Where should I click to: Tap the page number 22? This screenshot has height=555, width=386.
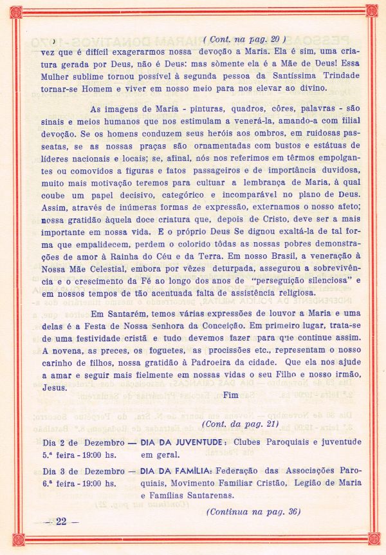[62, 521]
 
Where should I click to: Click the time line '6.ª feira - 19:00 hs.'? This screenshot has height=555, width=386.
[83, 483]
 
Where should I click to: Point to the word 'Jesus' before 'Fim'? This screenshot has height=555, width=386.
[54, 388]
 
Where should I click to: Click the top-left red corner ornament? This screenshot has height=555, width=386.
[16, 11]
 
